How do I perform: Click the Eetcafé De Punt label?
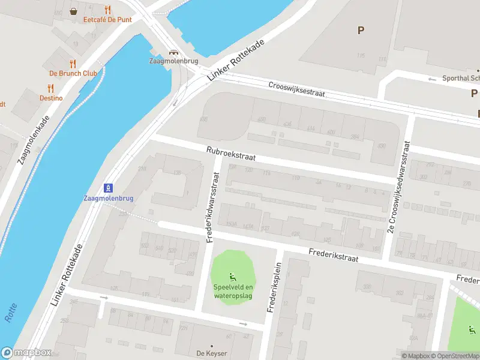tap(107, 19)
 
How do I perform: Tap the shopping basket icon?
tap(74, 10)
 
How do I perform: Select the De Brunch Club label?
tap(73, 73)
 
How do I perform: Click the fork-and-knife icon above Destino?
tap(51, 88)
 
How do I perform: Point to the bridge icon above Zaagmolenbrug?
tap(174, 52)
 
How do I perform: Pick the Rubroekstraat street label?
tap(230, 154)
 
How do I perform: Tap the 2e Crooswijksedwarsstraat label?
tap(399, 187)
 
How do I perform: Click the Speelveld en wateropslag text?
tap(233, 290)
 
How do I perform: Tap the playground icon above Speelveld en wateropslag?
tap(233, 277)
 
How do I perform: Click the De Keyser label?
tap(211, 353)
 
